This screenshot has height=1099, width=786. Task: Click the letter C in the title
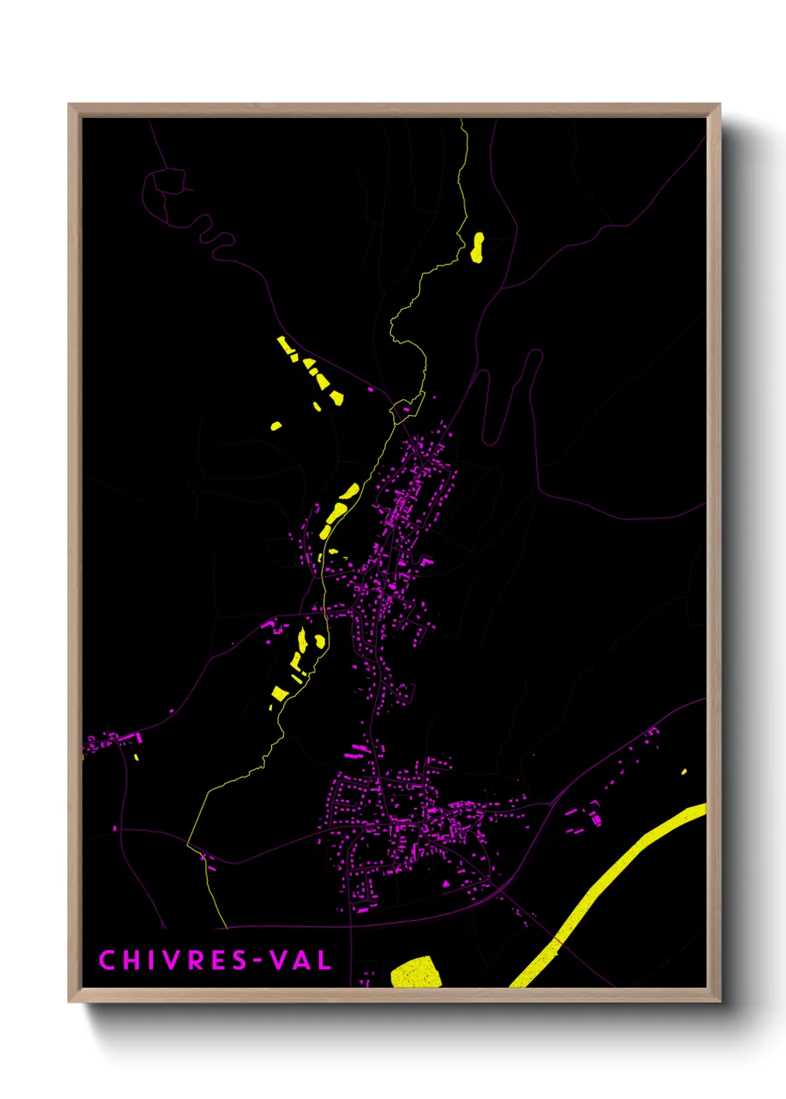(x=106, y=960)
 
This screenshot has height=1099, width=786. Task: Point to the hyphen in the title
(x=256, y=961)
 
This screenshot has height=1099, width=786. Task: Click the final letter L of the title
(x=324, y=960)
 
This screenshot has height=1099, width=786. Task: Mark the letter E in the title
(x=217, y=960)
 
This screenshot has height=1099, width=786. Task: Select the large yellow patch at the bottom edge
(x=416, y=972)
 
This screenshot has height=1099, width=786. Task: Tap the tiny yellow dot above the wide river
(x=683, y=772)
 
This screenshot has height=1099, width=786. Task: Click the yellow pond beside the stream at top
(x=477, y=247)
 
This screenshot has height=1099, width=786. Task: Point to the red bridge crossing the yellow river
(x=556, y=942)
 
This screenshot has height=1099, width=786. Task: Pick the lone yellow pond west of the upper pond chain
(x=276, y=426)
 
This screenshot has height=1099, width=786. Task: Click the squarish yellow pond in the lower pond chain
(x=279, y=694)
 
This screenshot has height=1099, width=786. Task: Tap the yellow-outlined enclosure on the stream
(x=406, y=408)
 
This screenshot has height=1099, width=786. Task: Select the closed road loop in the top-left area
(x=169, y=182)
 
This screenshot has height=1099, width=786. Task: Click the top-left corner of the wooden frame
(x=69, y=105)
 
